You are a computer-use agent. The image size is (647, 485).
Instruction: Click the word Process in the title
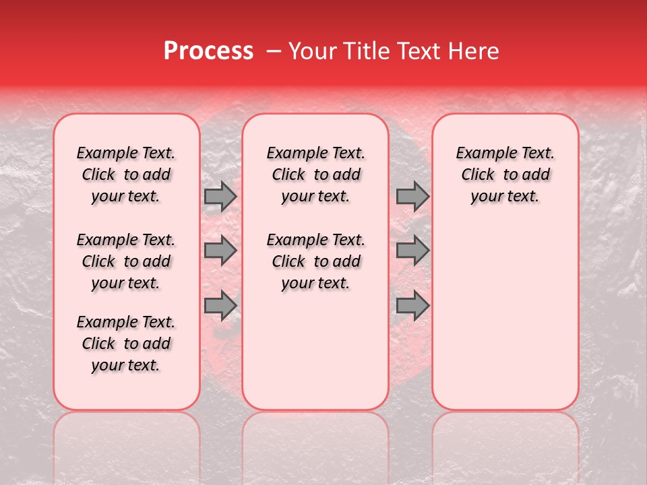[x=208, y=51]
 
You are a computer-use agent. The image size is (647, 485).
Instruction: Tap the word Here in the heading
[x=474, y=51]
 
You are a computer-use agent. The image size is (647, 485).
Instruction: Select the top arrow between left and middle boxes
[x=220, y=196]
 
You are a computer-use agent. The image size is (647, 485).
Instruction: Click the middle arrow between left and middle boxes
[x=220, y=251]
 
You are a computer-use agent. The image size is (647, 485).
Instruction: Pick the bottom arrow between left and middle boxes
[x=220, y=306]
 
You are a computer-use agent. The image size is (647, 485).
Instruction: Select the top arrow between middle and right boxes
[x=412, y=196]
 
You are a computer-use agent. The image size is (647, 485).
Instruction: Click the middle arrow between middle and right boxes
[x=412, y=251]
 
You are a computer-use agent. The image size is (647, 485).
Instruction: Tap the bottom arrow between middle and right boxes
[x=412, y=306]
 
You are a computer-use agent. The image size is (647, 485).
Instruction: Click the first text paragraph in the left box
[x=126, y=174]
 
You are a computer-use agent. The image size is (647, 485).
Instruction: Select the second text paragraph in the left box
[x=126, y=261]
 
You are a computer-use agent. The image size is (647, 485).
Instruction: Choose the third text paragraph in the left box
[x=126, y=344]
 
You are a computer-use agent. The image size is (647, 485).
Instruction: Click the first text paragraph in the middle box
[x=315, y=174]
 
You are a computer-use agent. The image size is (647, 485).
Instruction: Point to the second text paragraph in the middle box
[x=315, y=261]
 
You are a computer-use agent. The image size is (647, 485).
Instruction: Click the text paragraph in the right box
[x=505, y=174]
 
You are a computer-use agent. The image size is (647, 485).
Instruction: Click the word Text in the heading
[x=419, y=51]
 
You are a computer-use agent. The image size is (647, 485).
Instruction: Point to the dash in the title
[x=274, y=52]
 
